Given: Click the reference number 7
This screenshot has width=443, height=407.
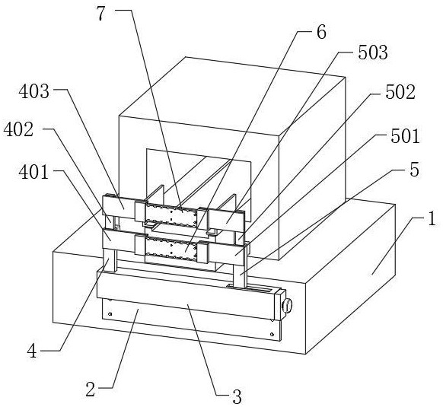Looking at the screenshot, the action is click(101, 14).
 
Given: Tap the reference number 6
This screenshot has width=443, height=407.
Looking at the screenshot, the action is click(321, 32).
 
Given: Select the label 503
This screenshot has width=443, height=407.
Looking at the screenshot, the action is click(373, 52).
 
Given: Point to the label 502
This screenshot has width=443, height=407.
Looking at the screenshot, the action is click(400, 92).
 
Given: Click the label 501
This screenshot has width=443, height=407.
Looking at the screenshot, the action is click(405, 136).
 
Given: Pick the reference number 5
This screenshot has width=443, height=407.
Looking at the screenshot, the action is click(414, 170).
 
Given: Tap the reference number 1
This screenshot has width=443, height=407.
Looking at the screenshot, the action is click(432, 219).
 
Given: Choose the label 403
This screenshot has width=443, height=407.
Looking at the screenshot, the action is click(34, 92).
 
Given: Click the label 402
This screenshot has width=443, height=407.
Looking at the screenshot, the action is click(18, 130).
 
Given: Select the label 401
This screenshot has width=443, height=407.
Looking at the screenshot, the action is click(33, 172).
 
